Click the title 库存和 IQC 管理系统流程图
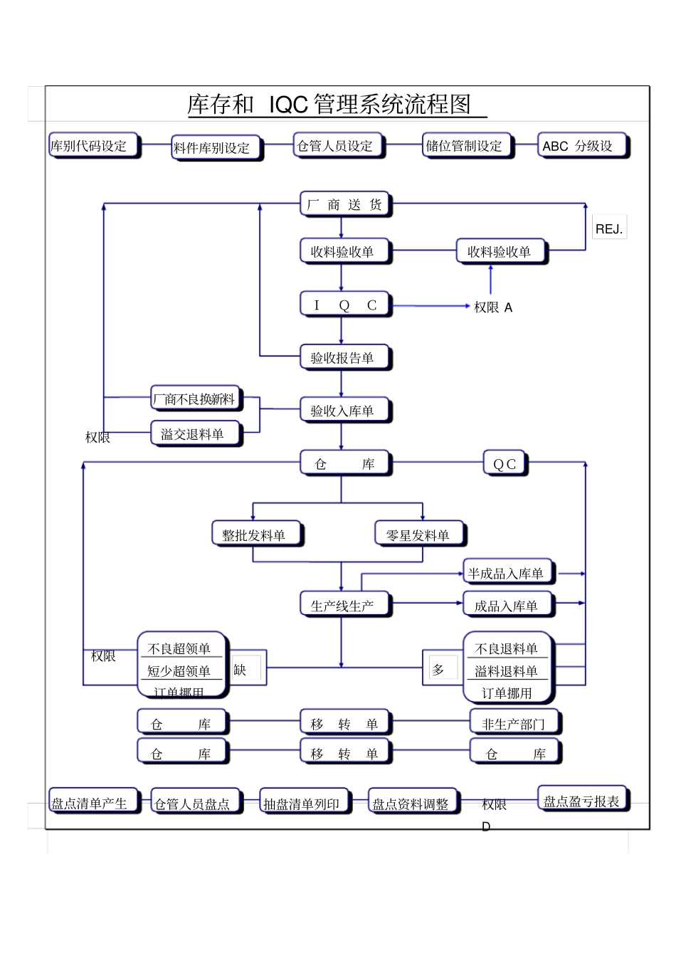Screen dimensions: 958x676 (x=336, y=105)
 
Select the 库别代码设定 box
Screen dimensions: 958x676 (x=93, y=146)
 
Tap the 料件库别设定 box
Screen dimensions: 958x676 (x=216, y=148)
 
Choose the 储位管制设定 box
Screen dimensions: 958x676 (x=466, y=146)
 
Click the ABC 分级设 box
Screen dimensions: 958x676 (x=581, y=146)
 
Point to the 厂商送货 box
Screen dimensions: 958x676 (x=345, y=205)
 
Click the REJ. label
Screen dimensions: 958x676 (x=609, y=229)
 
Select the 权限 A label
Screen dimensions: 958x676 (x=493, y=307)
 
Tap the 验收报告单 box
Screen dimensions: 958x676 (x=345, y=357)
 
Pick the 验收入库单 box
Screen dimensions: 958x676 (x=345, y=411)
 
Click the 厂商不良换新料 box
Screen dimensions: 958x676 (x=196, y=399)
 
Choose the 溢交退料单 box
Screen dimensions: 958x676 (x=196, y=433)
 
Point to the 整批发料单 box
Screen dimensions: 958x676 (x=256, y=535)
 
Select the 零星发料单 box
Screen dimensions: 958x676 (x=420, y=535)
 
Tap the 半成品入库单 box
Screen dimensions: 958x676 (x=507, y=573)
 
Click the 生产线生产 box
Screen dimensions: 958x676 (x=345, y=605)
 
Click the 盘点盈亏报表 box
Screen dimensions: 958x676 (x=583, y=801)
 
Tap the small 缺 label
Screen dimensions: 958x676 (x=240, y=670)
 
